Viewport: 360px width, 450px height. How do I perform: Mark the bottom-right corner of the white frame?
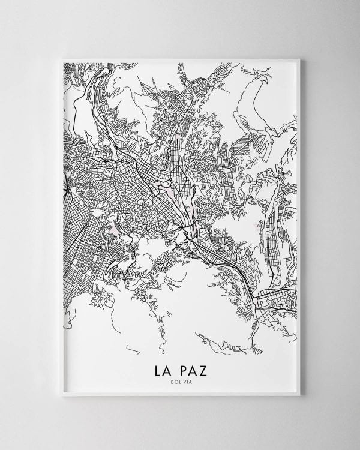point(304,398)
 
